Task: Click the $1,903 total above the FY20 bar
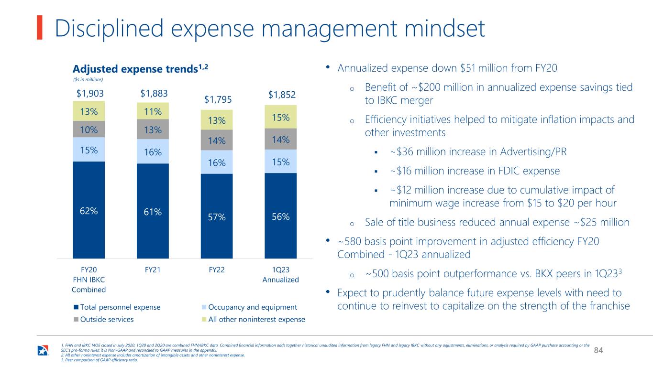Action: [x=90, y=94]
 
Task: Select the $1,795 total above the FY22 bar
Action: [x=218, y=100]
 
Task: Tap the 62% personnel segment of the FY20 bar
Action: [x=89, y=210]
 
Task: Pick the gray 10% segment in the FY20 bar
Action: [x=89, y=129]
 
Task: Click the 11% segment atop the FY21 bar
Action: [x=153, y=111]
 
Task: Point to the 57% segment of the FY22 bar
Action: [x=217, y=216]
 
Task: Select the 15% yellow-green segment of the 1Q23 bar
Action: [x=281, y=117]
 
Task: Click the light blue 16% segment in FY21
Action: [x=153, y=151]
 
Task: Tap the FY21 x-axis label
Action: [x=153, y=270]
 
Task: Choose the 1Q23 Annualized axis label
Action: [x=280, y=275]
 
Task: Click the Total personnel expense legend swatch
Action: [x=77, y=307]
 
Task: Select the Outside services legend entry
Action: [x=104, y=320]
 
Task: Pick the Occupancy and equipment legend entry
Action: [x=250, y=307]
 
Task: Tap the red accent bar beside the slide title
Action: [x=40, y=27]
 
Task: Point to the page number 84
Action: [x=598, y=350]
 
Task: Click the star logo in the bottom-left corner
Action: [x=43, y=350]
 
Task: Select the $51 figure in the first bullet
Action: [x=467, y=68]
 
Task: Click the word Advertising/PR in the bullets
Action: [x=533, y=152]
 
